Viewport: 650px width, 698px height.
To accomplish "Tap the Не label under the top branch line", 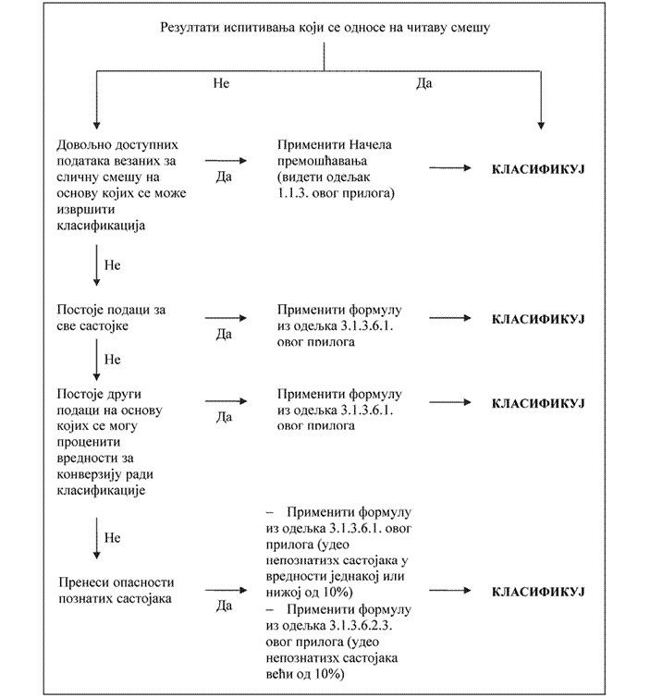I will click(221, 83).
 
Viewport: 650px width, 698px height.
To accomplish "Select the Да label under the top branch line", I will click(424, 83).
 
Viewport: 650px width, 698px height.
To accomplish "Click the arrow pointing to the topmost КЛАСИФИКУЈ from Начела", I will click(450, 168).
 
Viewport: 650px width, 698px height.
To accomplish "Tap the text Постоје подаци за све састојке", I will click(112, 317).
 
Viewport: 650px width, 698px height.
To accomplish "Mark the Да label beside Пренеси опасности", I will click(223, 607).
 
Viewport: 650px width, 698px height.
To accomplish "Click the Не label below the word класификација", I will click(113, 264).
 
